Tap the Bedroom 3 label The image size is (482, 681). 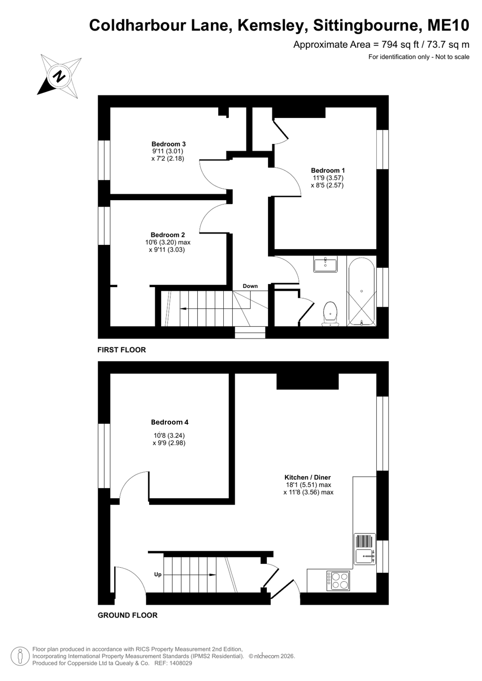point(168,144)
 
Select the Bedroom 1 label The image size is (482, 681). point(328,170)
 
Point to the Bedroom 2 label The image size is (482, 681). point(168,235)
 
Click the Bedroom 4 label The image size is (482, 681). point(170,422)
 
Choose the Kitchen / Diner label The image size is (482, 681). point(307,477)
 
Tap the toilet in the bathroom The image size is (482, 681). point(330,314)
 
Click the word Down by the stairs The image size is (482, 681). point(250,286)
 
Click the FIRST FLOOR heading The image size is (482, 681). point(122,350)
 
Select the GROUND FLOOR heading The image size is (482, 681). point(128,615)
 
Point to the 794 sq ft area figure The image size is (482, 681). point(400,45)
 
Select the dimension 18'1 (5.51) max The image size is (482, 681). point(308,485)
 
